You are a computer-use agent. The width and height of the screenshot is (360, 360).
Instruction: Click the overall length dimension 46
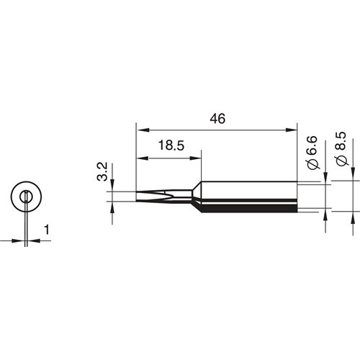point(217,119)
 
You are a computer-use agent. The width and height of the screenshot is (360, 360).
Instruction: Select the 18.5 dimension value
point(171,145)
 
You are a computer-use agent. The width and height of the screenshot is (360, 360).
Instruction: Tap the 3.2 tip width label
point(102,172)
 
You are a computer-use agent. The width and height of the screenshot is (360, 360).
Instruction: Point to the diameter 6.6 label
point(314,153)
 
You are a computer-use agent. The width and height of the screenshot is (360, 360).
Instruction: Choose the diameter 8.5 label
point(342,148)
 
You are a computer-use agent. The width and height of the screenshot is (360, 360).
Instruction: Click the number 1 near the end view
point(47,230)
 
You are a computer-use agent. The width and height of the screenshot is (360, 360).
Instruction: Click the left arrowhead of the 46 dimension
point(143,130)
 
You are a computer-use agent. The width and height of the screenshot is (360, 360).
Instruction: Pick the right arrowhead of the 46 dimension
point(291,130)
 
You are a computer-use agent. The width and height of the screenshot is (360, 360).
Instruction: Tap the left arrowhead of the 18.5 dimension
point(143,158)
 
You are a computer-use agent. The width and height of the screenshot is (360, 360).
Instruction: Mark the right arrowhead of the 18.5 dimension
point(194,158)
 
